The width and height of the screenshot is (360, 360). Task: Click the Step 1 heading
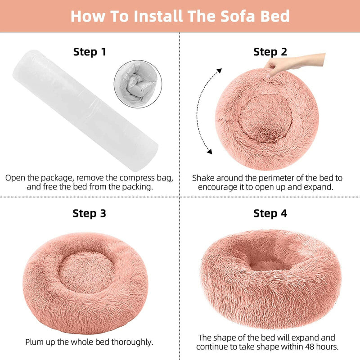point(90,52)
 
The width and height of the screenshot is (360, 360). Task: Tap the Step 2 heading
point(270,52)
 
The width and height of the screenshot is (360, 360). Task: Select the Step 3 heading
point(90,213)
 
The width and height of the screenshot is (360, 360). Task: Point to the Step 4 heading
point(270,213)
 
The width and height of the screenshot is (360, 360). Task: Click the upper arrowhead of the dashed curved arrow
point(219,71)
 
